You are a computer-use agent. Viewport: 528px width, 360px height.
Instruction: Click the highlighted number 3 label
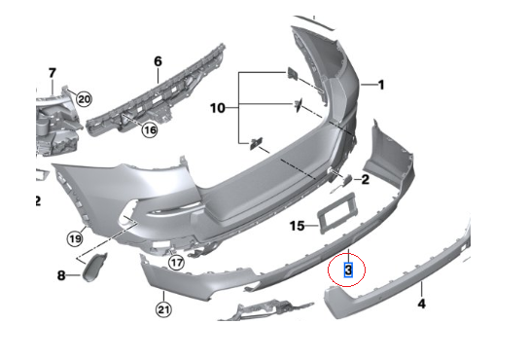click(x=348, y=267)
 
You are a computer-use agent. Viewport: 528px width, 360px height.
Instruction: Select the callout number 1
click(x=382, y=84)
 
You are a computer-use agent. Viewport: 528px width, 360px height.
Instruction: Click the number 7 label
click(x=53, y=72)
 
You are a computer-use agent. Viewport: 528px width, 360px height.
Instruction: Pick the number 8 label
click(x=60, y=276)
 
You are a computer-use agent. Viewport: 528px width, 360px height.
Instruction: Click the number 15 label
click(x=298, y=226)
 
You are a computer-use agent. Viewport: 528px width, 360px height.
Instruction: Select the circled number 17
click(x=176, y=262)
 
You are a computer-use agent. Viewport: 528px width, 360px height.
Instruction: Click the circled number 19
click(x=75, y=237)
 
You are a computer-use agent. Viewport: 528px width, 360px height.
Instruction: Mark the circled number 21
click(x=162, y=310)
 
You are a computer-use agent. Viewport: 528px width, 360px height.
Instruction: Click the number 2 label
click(x=365, y=179)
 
